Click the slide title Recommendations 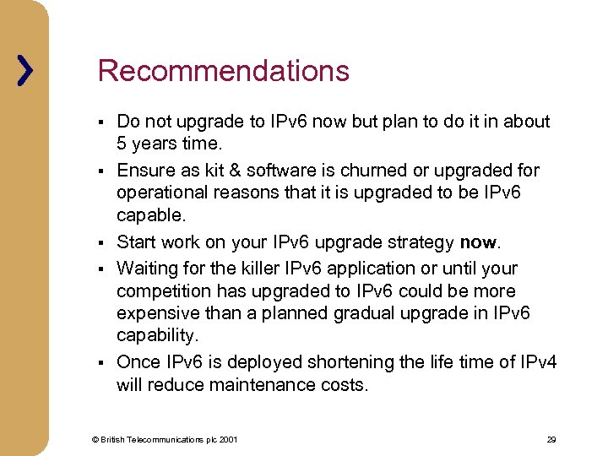click(223, 71)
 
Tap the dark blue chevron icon click(25, 71)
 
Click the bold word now click(479, 242)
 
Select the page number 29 click(551, 439)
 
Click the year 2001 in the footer click(229, 439)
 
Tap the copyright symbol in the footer click(95, 439)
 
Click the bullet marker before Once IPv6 click(100, 363)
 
